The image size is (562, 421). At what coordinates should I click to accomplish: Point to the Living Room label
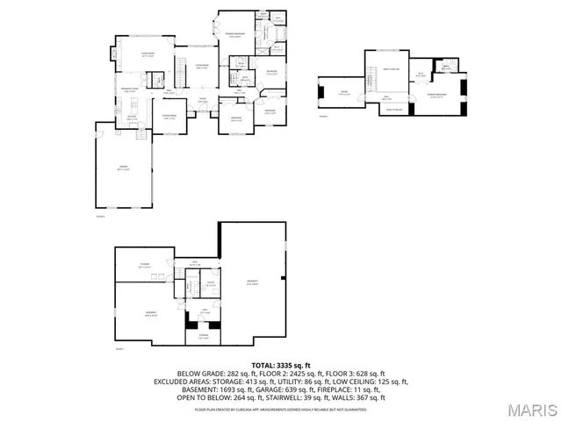148,54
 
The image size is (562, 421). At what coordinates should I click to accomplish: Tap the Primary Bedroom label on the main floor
235,36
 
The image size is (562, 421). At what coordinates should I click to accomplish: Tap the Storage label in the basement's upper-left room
144,264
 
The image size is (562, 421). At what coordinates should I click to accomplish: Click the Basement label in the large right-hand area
252,282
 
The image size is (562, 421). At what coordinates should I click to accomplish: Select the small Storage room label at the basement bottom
203,335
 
